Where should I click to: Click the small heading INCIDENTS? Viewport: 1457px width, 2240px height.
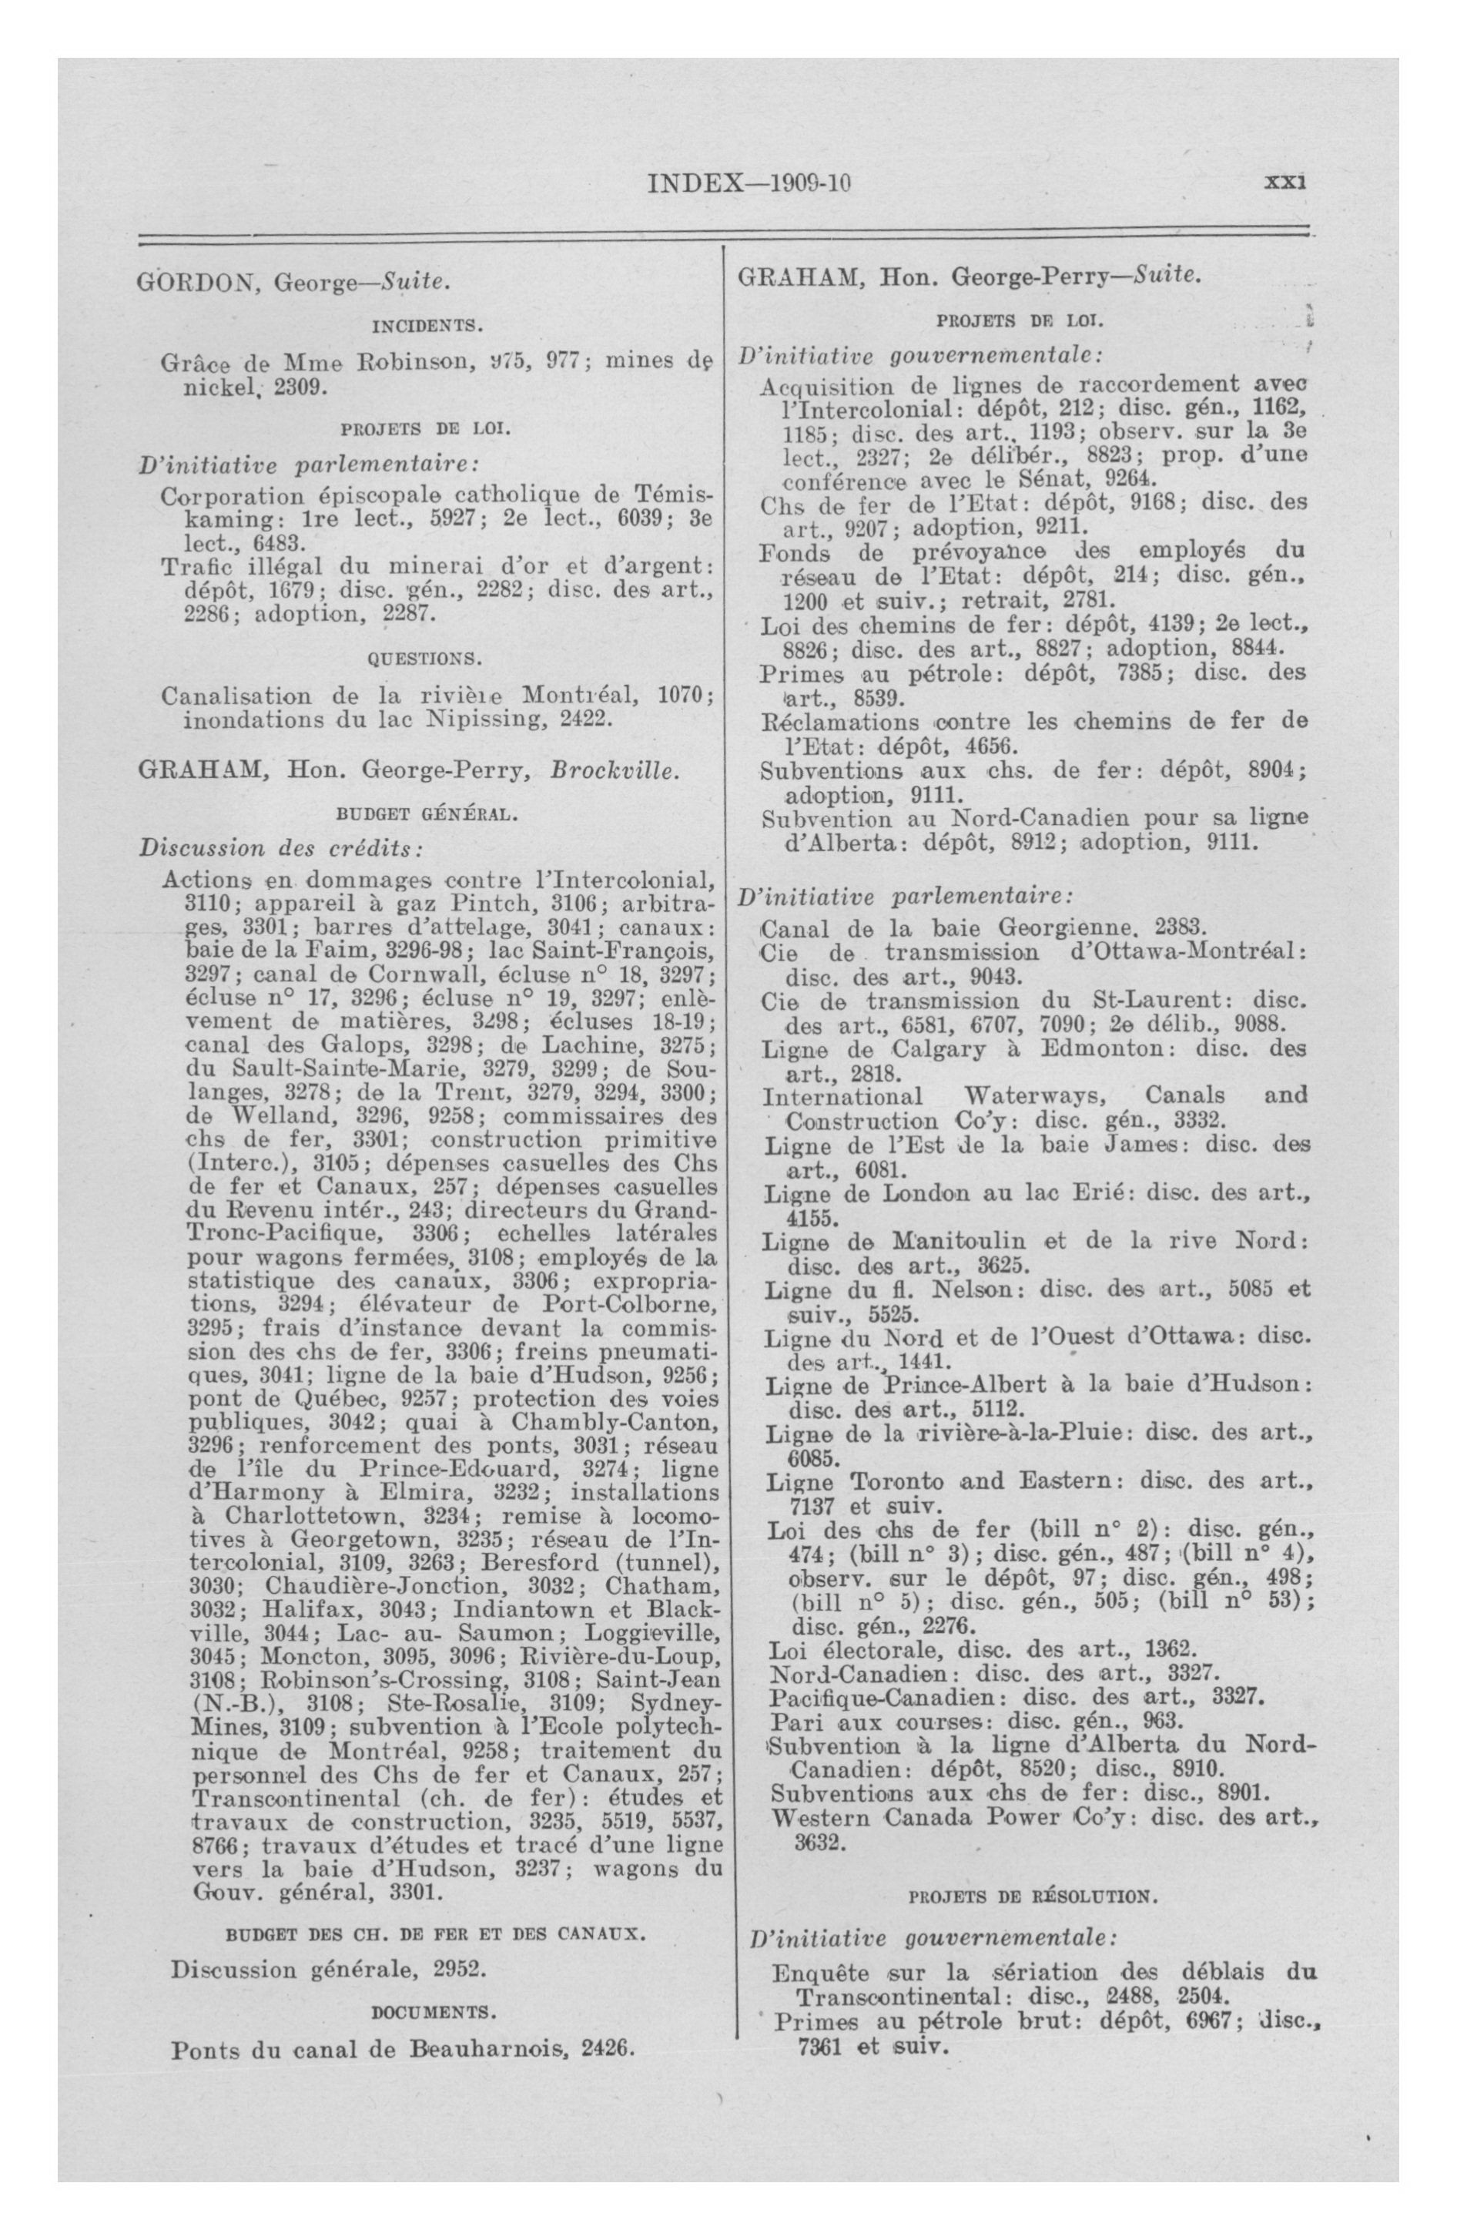click(x=427, y=327)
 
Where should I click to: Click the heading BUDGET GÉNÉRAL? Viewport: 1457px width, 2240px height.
click(x=427, y=814)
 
